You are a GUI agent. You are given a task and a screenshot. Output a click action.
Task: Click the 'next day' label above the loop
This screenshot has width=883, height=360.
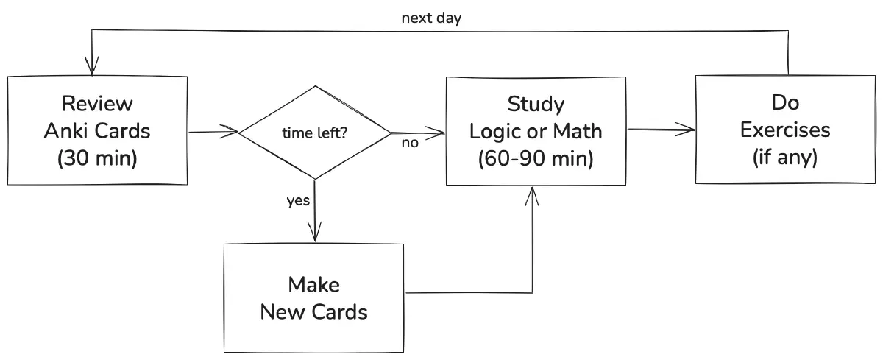click(x=431, y=18)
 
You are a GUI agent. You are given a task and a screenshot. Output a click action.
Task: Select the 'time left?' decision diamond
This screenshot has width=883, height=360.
click(x=315, y=133)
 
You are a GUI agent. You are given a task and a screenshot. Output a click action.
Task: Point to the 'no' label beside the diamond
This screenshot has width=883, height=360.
click(x=410, y=143)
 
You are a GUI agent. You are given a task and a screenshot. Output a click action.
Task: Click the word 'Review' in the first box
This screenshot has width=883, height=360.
click(x=97, y=103)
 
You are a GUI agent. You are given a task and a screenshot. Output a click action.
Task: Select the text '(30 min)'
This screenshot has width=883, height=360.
click(x=97, y=160)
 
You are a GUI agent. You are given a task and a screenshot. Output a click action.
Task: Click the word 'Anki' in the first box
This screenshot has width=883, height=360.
click(x=68, y=131)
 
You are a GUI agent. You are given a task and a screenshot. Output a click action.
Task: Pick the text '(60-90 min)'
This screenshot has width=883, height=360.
click(x=536, y=159)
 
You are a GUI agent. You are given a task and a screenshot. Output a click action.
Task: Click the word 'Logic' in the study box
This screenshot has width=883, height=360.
click(x=495, y=131)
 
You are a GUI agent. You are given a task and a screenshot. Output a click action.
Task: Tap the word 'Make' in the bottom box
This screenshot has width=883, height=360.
click(x=314, y=284)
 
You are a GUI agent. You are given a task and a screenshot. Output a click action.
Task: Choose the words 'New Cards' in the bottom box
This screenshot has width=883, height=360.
click(x=314, y=312)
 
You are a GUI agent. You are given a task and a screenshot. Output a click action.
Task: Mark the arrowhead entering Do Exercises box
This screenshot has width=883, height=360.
click(x=689, y=130)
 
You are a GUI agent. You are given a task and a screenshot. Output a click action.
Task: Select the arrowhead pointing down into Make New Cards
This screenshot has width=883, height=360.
click(x=315, y=235)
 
